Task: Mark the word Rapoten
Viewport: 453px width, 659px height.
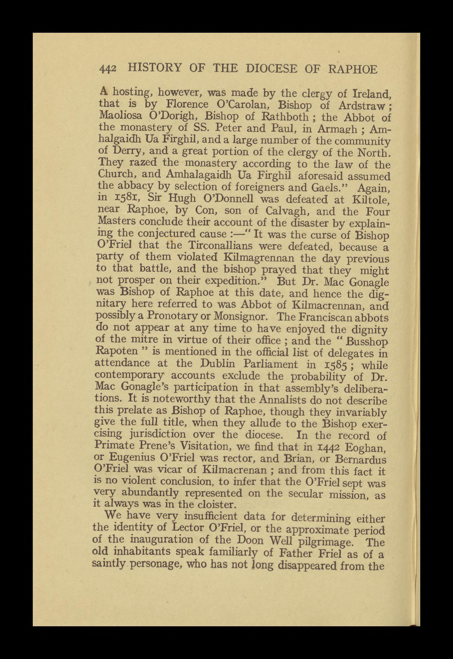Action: [x=112, y=352]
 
